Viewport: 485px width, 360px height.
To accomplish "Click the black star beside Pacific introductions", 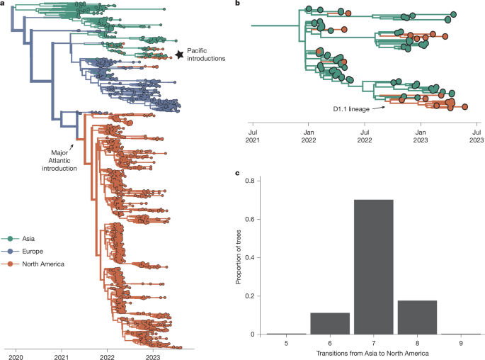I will [x=179, y=54].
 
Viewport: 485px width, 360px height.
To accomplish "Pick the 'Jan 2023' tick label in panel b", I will [x=421, y=136].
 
